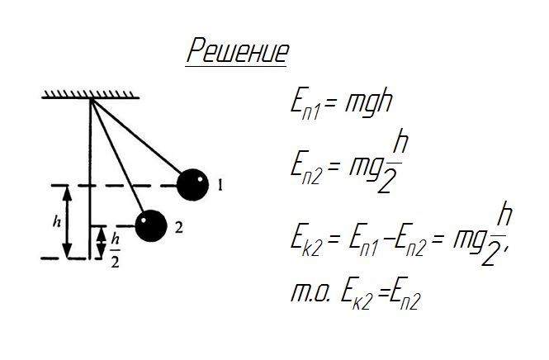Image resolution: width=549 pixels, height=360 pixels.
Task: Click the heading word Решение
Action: (238, 52)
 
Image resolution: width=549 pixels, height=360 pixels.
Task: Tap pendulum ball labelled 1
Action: (193, 184)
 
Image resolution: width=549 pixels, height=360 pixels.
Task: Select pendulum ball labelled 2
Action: (150, 225)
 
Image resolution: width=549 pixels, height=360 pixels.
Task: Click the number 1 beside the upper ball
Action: (220, 186)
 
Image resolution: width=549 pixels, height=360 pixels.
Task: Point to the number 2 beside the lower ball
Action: (178, 225)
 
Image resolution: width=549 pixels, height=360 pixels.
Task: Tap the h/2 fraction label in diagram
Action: (115, 242)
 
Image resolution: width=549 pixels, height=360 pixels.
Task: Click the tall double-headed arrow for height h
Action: (68, 221)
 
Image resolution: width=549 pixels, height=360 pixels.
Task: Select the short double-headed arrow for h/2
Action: (100, 242)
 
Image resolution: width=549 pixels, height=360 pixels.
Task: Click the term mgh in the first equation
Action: (363, 103)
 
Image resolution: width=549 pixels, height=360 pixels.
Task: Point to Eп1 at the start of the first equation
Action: (303, 105)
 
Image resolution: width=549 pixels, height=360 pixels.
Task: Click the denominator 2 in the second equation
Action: (383, 182)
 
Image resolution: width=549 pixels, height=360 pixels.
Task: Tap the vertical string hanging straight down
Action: (88, 178)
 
